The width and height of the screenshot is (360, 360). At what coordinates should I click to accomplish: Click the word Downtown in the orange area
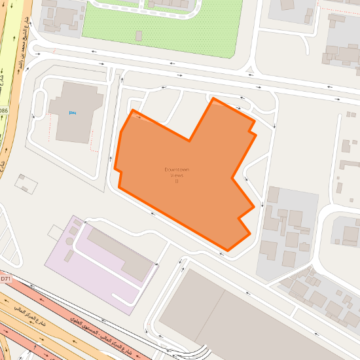click(177, 170)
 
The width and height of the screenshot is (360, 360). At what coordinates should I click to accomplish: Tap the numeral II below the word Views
click(177, 181)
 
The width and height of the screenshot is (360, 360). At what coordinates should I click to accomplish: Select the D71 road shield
click(5, 279)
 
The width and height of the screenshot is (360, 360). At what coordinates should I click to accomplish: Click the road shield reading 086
click(3, 111)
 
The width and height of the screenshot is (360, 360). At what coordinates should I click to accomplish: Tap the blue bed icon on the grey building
click(71, 113)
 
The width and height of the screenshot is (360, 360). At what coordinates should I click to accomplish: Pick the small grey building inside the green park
click(138, 35)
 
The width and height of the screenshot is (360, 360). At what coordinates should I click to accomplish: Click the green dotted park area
click(157, 33)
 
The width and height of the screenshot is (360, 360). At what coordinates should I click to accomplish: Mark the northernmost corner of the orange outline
click(213, 98)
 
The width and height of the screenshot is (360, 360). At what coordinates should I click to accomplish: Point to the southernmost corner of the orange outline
click(227, 249)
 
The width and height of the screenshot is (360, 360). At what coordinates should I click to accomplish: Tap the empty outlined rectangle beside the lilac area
click(56, 232)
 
